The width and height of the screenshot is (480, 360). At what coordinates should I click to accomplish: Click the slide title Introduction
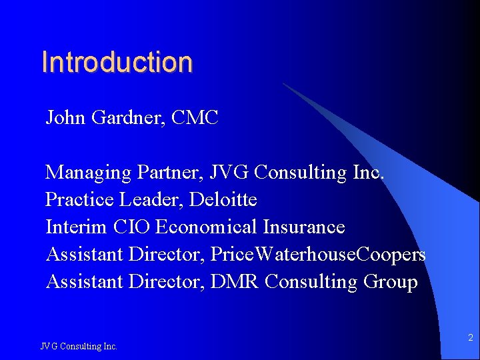click(117, 62)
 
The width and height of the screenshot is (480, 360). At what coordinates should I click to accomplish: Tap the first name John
click(65, 118)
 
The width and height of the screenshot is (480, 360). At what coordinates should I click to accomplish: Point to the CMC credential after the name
click(195, 118)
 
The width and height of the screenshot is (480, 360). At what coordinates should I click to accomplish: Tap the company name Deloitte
click(223, 200)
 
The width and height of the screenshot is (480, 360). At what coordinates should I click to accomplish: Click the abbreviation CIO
click(131, 227)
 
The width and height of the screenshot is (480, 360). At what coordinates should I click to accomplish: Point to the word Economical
click(206, 227)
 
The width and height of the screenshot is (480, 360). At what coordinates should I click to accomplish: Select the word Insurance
click(303, 227)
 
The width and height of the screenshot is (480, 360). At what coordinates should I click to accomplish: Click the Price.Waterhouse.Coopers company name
click(318, 255)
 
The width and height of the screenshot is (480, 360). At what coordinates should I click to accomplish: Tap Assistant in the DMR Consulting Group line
click(84, 282)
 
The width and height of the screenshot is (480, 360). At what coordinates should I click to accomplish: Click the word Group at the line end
click(391, 282)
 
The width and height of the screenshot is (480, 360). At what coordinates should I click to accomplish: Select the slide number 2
click(470, 338)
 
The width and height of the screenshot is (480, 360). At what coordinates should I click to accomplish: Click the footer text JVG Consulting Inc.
click(79, 346)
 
